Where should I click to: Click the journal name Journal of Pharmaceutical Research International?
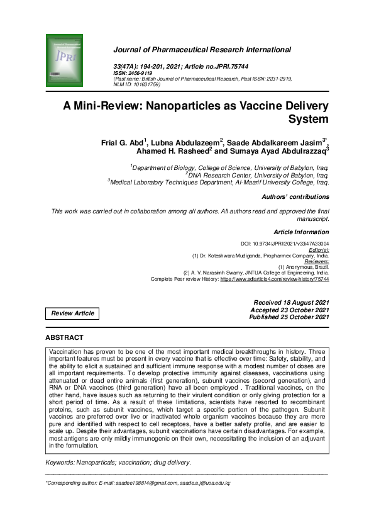201,50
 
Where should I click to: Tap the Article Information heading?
301,232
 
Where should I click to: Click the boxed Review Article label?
72,313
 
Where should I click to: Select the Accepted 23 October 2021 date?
290,310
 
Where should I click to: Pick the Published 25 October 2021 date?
290,317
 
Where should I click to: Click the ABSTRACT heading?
65,338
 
